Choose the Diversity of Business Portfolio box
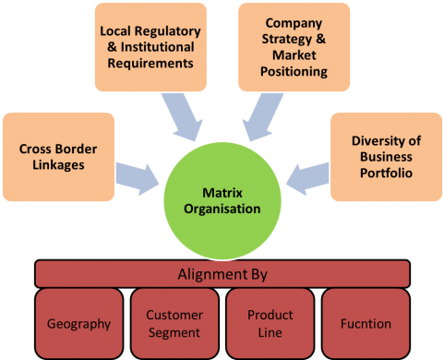[x=386, y=158]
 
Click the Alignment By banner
[x=222, y=273]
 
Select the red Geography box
[x=78, y=323]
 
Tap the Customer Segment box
[x=174, y=323]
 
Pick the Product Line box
[x=270, y=323]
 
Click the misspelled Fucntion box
[x=366, y=323]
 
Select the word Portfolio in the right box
[x=386, y=174]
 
